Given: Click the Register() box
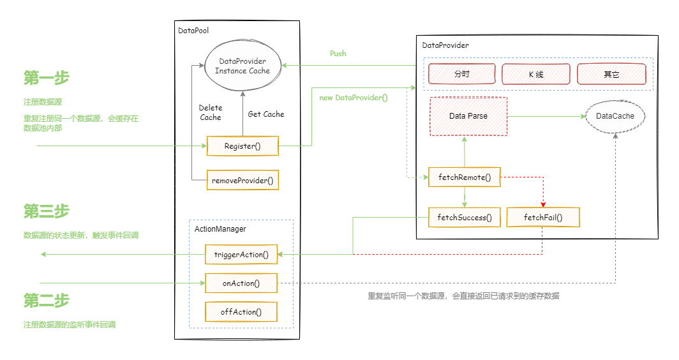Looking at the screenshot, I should click(x=243, y=146).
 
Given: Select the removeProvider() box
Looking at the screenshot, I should click(x=243, y=181).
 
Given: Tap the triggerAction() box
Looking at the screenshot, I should click(x=241, y=255).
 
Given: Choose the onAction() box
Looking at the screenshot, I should click(x=241, y=283).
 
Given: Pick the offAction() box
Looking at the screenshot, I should click(x=241, y=312).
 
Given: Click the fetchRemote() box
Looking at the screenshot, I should click(x=464, y=177).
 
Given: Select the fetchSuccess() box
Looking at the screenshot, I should click(x=464, y=218).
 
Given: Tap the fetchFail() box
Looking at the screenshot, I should click(x=543, y=218).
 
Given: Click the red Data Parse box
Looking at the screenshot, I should click(x=468, y=116).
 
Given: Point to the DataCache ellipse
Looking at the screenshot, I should click(x=615, y=116).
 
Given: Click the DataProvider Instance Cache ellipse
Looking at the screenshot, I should click(x=243, y=66).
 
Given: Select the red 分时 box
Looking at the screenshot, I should click(x=462, y=75).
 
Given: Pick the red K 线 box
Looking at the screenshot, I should click(x=536, y=75).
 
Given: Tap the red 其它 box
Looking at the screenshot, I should click(x=611, y=75).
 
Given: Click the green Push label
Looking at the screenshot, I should click(x=338, y=54).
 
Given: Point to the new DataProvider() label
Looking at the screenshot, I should click(x=354, y=98).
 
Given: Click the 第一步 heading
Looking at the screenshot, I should click(x=46, y=78).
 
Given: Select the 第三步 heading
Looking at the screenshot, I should click(x=46, y=211).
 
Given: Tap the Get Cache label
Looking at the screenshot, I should click(x=266, y=114).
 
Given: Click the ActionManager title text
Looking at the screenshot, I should click(x=220, y=229).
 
